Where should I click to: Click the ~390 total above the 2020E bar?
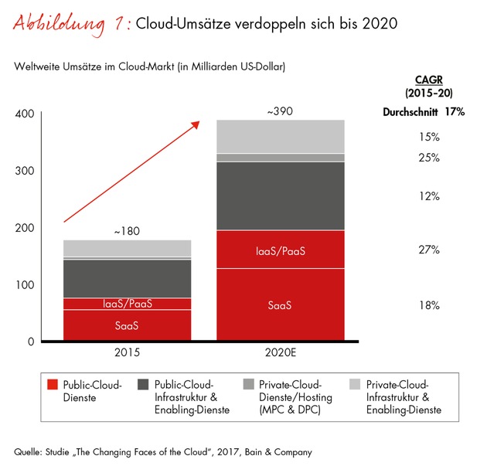click(280, 111)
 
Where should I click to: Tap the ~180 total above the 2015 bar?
click(127, 231)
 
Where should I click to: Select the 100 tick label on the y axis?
click(24, 285)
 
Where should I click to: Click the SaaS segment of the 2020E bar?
click(280, 305)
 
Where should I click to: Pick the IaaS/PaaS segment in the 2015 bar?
click(127, 304)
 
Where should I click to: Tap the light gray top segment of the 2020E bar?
click(280, 136)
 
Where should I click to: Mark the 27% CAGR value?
click(430, 250)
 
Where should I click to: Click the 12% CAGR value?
click(430, 196)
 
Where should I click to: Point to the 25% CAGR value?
click(430, 158)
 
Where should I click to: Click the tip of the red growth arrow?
click(199, 121)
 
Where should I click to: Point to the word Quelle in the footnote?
click(29, 451)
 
